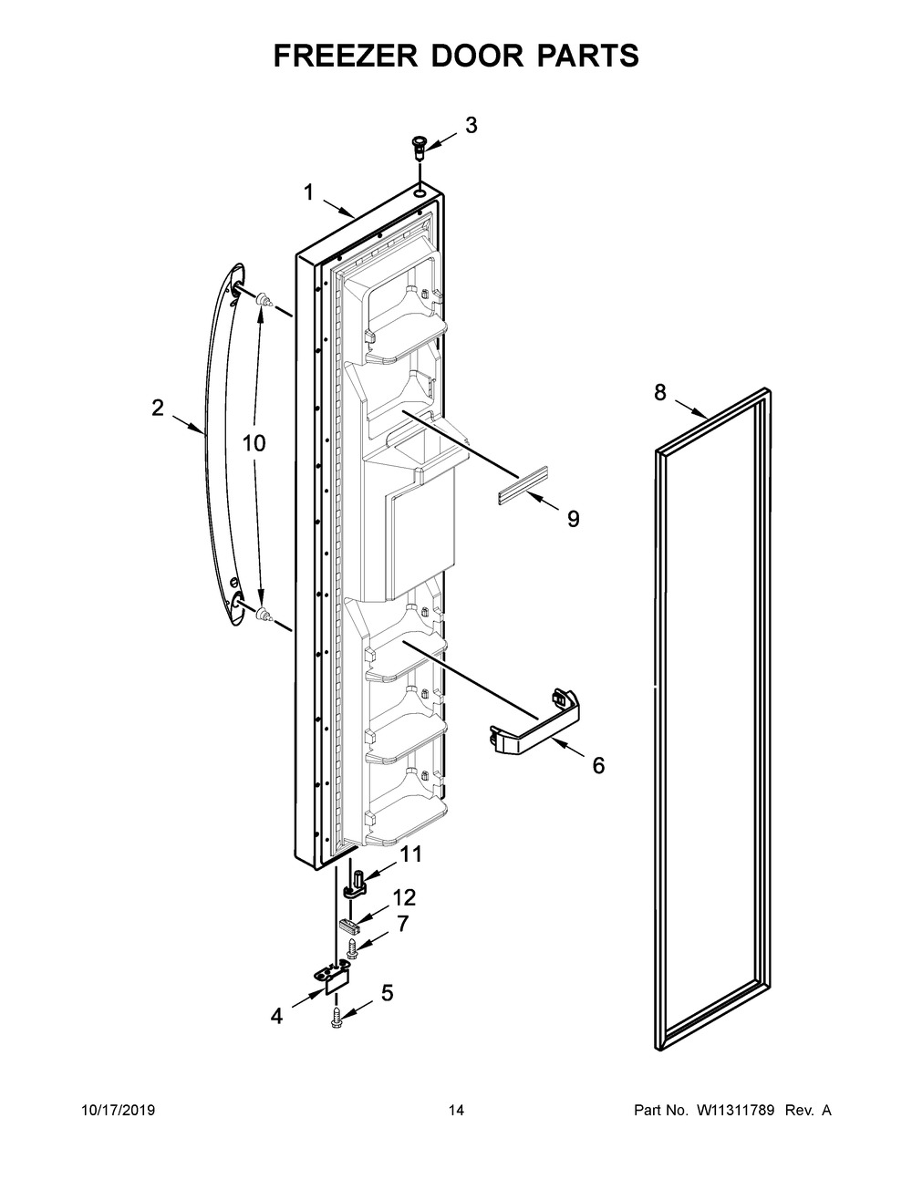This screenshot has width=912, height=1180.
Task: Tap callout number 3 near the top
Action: click(471, 126)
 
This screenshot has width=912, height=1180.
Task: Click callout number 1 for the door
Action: click(308, 192)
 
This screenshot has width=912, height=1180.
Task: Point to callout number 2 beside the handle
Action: click(158, 409)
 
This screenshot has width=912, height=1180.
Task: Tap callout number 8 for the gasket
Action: click(659, 392)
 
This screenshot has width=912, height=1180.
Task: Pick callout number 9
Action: click(573, 519)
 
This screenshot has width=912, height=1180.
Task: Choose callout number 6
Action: click(598, 765)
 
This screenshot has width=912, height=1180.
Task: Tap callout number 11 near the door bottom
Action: click(411, 854)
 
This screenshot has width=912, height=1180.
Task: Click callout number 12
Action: click(403, 897)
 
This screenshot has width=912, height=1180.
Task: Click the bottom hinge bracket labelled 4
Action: click(330, 978)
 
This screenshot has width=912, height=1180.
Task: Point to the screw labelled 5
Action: click(338, 1015)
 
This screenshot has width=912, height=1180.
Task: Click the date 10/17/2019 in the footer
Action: click(118, 1110)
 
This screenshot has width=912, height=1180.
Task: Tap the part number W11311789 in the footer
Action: click(737, 1110)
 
